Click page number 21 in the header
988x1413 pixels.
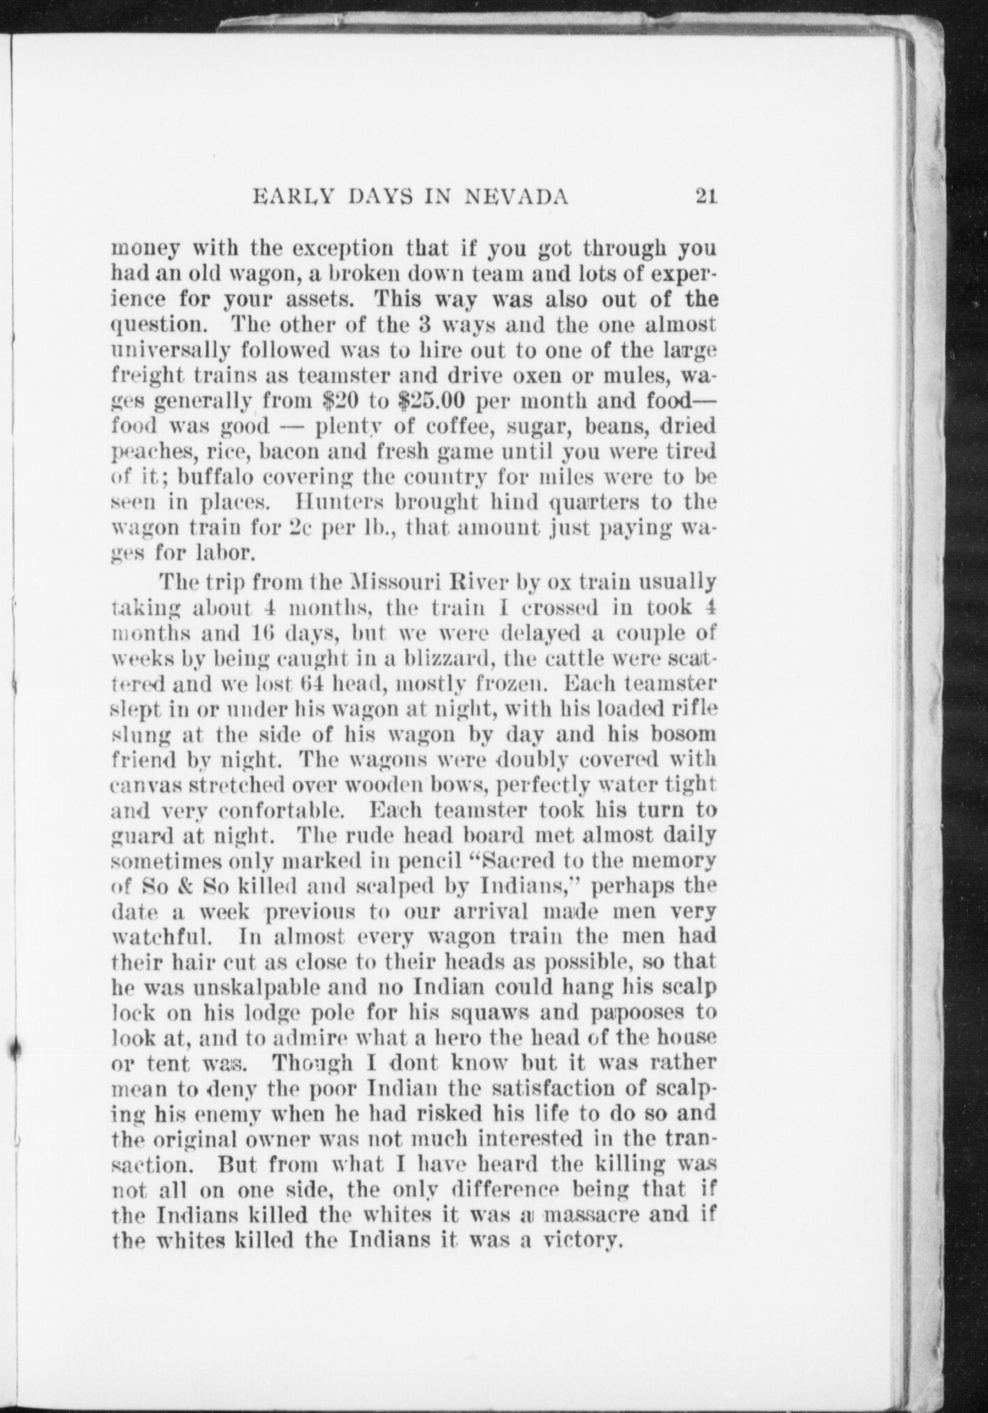(707, 198)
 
